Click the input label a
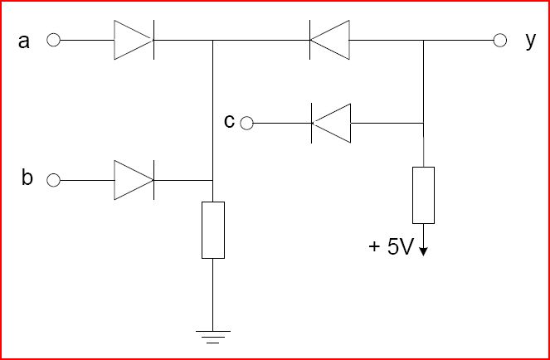(24, 41)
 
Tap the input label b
(27, 178)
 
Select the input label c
(229, 121)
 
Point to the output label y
(531, 41)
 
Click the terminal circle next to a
(53, 40)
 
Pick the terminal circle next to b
(53, 180)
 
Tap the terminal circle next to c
(246, 123)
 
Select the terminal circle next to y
(500, 40)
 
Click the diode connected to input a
(134, 40)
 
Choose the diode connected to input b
(134, 180)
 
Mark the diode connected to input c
(331, 123)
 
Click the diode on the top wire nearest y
(329, 40)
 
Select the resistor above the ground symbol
(213, 230)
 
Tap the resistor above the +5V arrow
(423, 195)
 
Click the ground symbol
(213, 337)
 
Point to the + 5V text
(390, 247)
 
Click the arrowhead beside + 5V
(423, 252)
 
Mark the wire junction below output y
(423, 40)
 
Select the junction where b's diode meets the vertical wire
(212, 180)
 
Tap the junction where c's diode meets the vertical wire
(423, 123)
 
